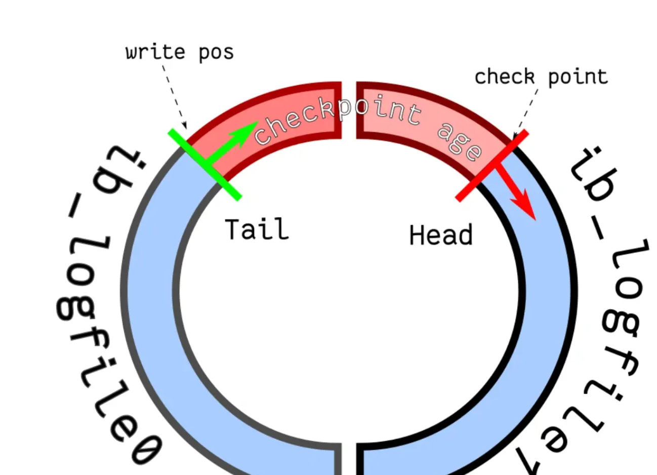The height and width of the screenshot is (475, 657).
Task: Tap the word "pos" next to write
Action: pos(216,53)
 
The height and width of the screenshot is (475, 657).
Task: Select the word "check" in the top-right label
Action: pos(504,77)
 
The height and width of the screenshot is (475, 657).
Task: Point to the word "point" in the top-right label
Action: pos(578,77)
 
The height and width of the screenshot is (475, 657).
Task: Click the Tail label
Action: pos(257,229)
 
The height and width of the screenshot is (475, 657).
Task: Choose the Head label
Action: pos(441,235)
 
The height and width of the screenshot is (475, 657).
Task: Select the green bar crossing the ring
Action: pos(205,165)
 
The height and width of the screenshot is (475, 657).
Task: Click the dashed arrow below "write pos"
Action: pos(175,96)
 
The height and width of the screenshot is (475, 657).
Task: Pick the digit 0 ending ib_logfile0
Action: pos(147,448)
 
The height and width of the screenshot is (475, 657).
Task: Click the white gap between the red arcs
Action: pos(349,109)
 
